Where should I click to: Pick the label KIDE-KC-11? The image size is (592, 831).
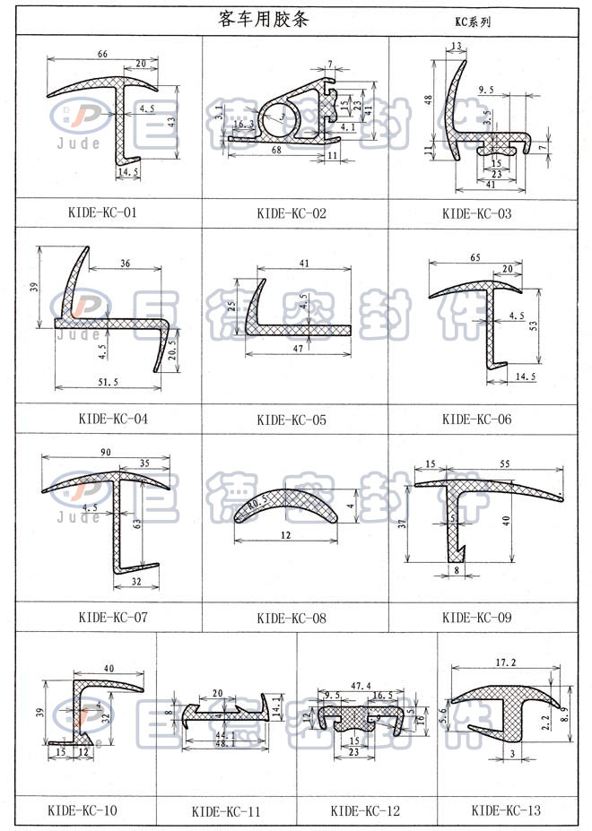point(226,812)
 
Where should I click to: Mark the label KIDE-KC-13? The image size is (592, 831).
point(506,811)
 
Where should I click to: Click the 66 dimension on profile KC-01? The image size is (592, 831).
point(103,55)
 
